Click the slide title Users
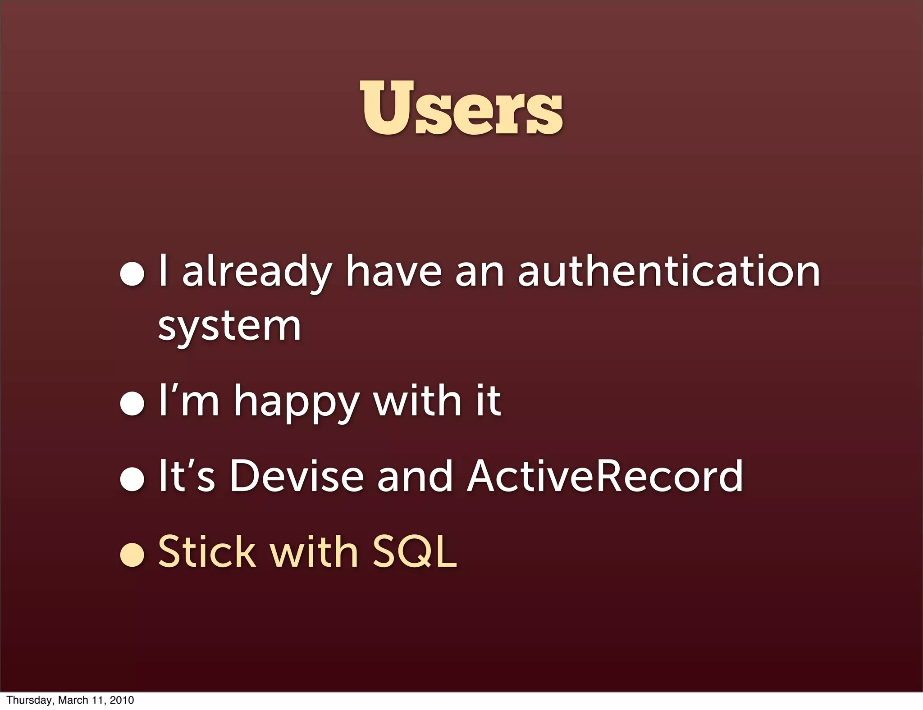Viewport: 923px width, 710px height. coord(461,108)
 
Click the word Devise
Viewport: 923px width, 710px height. coord(297,476)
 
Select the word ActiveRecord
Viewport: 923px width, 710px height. coord(605,476)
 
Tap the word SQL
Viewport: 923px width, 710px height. coord(414,551)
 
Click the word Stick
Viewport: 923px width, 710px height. coord(207,551)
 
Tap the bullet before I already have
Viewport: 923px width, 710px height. coord(132,274)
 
